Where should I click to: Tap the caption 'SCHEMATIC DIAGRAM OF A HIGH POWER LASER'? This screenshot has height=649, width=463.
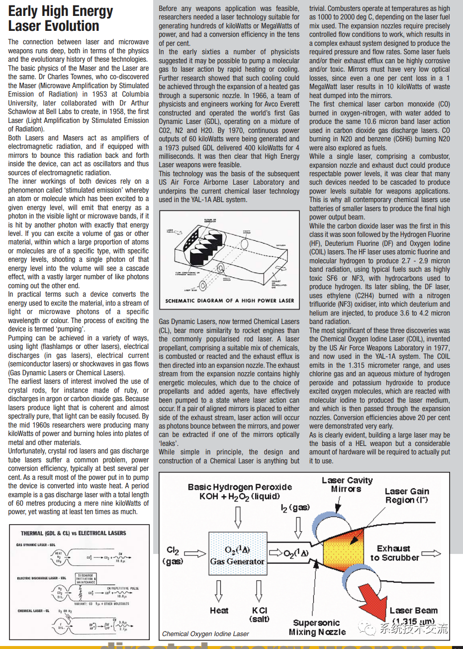click(x=229, y=301)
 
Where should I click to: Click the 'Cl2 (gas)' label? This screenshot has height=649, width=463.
click(x=173, y=555)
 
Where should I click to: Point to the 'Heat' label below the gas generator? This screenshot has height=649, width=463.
click(x=219, y=611)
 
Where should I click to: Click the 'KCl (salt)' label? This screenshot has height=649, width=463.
click(x=259, y=615)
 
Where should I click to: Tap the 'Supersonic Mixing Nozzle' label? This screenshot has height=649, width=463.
click(x=317, y=627)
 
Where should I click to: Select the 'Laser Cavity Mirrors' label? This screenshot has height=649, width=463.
click(x=347, y=485)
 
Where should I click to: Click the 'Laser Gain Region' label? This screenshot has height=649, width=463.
click(x=406, y=496)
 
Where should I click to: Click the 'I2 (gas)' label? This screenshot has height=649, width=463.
click(x=295, y=508)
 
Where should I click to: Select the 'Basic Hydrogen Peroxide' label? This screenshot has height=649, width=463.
click(x=240, y=491)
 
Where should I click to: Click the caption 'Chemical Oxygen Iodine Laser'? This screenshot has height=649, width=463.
click(x=205, y=634)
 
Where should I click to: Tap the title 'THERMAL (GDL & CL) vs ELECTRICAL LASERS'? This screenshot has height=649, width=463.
click(x=73, y=533)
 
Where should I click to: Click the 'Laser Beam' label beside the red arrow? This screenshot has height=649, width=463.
click(x=413, y=611)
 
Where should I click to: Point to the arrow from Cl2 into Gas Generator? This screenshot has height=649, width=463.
click(x=194, y=553)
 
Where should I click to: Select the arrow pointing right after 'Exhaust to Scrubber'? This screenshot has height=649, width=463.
click(x=431, y=553)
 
